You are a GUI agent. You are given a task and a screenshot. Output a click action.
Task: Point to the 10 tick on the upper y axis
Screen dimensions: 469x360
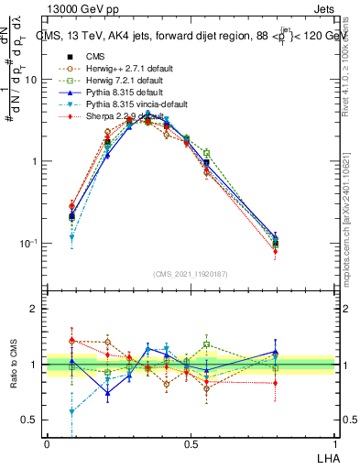click(x=32, y=80)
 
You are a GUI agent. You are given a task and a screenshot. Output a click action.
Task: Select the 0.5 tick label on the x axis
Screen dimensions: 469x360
click(x=191, y=442)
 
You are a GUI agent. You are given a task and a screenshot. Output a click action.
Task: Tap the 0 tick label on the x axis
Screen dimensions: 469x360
click(x=47, y=442)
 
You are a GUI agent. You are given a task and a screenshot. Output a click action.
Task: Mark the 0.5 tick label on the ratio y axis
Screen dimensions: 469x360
click(x=32, y=420)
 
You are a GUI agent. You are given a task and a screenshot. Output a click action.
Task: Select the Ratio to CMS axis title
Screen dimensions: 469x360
click(x=13, y=365)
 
